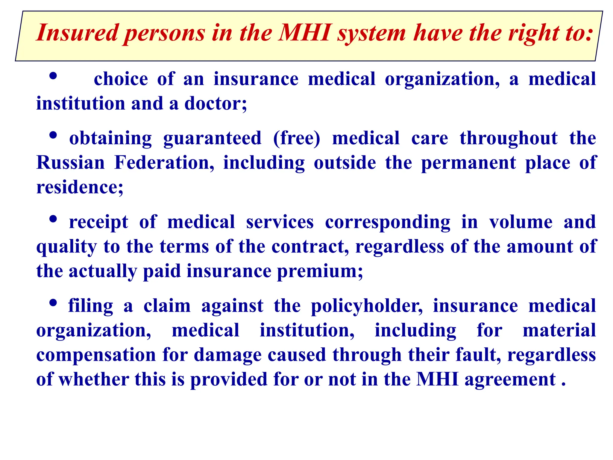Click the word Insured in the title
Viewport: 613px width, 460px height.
(x=77, y=33)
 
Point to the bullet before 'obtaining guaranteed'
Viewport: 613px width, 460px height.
(x=53, y=136)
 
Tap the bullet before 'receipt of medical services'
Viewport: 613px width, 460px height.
(x=53, y=220)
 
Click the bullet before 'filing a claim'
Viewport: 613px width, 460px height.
(x=53, y=303)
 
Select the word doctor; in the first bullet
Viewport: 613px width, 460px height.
(x=216, y=104)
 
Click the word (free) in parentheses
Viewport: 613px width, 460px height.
(x=296, y=139)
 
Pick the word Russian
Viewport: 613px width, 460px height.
(x=71, y=163)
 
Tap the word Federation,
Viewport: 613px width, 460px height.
(x=164, y=163)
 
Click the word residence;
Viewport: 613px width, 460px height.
(x=80, y=187)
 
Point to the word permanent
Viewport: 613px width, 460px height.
(x=468, y=164)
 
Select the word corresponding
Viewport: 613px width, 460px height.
(x=387, y=223)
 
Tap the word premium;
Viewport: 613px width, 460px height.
(x=320, y=272)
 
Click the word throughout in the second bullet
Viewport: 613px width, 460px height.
(x=509, y=139)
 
